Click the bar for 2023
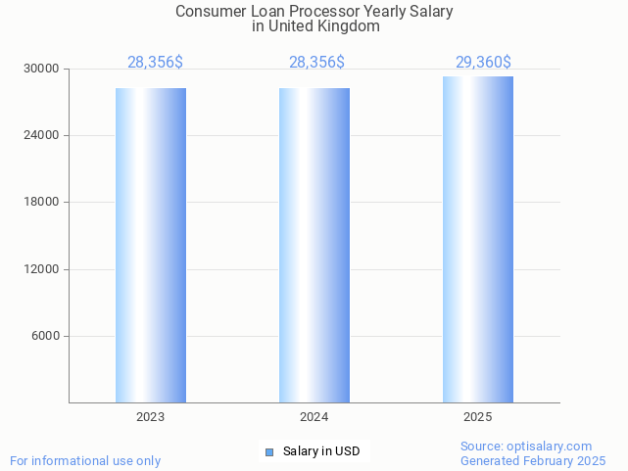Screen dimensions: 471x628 151,245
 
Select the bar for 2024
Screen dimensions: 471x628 314,245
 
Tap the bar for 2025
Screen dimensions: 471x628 478,239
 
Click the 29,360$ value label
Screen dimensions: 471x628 483,63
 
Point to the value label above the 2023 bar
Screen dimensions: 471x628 155,63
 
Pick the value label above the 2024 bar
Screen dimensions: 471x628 316,63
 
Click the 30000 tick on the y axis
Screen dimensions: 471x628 43,69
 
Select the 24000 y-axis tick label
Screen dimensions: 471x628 43,135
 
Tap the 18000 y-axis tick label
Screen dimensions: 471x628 43,202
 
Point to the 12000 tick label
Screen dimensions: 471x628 43,269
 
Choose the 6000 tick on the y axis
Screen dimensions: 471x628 46,336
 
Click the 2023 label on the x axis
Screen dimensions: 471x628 151,417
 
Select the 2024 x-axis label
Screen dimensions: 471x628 314,417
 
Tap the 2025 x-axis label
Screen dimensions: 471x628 478,417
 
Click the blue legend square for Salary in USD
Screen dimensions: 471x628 269,451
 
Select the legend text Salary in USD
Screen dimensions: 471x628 321,451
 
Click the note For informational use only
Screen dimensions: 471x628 85,460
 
